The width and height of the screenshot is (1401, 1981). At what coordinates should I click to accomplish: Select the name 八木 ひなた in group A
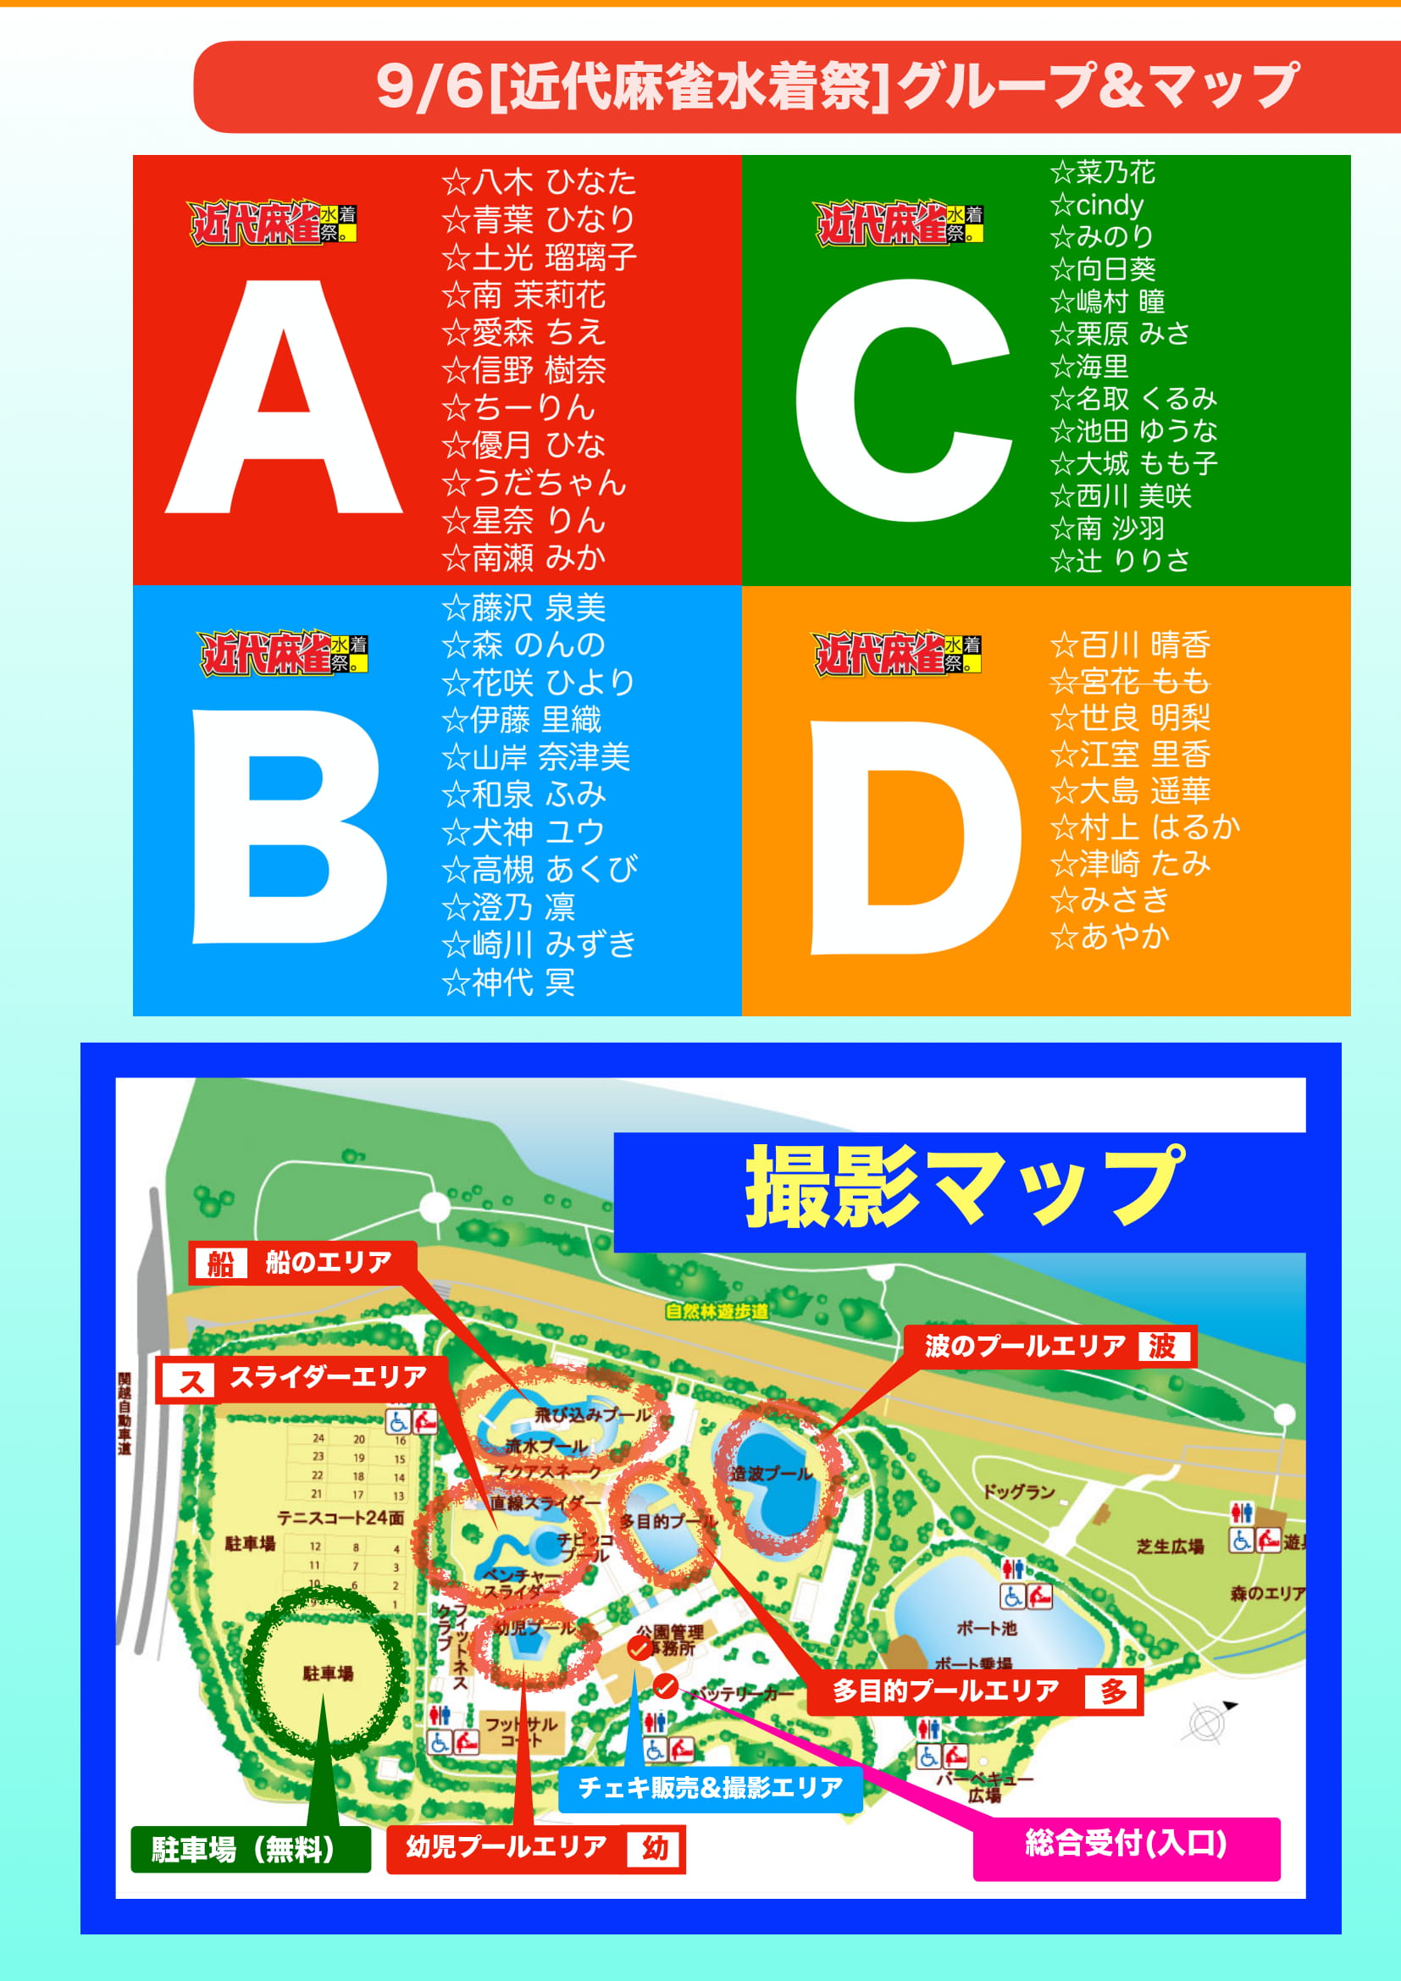pos(540,182)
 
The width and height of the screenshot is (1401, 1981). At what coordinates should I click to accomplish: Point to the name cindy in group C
pos(1097,205)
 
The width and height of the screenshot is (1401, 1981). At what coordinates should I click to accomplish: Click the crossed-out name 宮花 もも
pos(1130,682)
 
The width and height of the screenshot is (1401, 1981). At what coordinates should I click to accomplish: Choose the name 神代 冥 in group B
pos(509,982)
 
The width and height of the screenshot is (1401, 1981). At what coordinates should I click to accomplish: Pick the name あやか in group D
pos(1111,936)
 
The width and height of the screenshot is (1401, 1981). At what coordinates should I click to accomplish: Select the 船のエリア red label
pos(302,1262)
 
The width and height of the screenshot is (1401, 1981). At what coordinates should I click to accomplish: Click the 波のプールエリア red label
pos(1048,1346)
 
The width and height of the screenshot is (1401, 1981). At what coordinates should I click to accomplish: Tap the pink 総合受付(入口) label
pos(1126,1844)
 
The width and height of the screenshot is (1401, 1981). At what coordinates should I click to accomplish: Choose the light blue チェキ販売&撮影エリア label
pos(709,1787)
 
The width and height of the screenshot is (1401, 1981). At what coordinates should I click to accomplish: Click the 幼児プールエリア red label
pos(534,1847)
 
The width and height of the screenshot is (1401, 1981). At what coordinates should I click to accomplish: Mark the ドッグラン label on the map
pos(1019,1491)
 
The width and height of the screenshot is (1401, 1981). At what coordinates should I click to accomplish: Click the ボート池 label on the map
pos(987,1627)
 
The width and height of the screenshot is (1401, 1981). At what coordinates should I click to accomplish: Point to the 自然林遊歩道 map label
pos(716,1311)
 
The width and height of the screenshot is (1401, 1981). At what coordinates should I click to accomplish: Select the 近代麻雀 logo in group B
pos(283,652)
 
